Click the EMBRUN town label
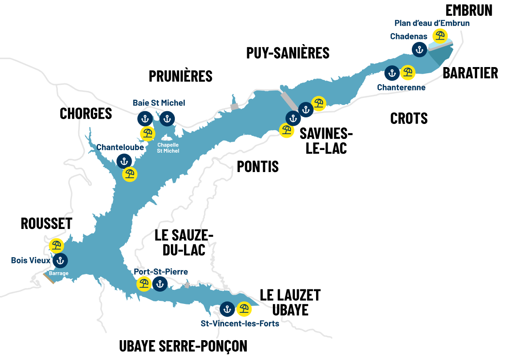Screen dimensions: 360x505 tap(469, 10)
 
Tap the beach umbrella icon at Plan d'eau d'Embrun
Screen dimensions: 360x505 tap(440, 36)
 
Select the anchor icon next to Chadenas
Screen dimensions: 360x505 tap(419, 49)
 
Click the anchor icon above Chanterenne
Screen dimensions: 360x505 tap(392, 73)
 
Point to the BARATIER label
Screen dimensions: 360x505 tap(470, 73)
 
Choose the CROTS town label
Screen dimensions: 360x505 tap(409, 118)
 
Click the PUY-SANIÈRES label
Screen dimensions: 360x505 tap(288, 53)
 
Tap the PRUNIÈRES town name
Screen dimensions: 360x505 tap(181, 76)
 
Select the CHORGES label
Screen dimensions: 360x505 tap(86, 113)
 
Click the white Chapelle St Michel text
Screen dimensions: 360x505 tap(168, 148)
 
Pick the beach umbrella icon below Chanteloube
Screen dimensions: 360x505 tap(129, 174)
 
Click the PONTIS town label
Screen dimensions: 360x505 tap(258, 166)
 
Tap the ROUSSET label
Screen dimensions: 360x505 tap(46, 224)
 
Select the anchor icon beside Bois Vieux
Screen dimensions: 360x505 tap(60, 261)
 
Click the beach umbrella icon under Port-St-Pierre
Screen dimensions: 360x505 tap(143, 284)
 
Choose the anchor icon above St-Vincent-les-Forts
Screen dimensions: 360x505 tap(227, 309)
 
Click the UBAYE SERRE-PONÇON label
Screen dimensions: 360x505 tap(183, 346)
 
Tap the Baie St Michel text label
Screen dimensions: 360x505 tap(159, 103)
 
